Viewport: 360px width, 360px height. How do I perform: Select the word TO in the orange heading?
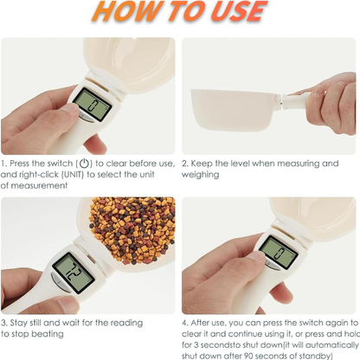[180, 12]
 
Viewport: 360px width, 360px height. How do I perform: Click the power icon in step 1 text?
[84, 164]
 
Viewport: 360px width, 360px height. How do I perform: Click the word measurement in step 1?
[35, 185]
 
